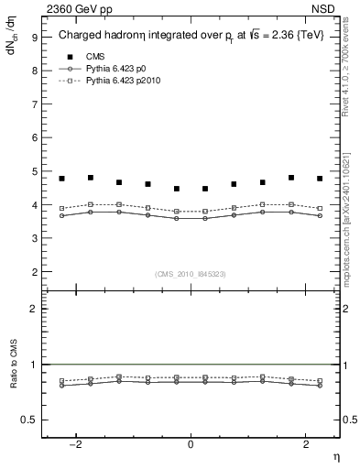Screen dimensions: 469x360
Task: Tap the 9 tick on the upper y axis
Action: click(x=34, y=37)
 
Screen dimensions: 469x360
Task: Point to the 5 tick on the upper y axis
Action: click(x=34, y=171)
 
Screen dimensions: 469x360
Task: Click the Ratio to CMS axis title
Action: click(x=14, y=378)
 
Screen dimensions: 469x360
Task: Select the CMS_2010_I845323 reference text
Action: click(x=191, y=272)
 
